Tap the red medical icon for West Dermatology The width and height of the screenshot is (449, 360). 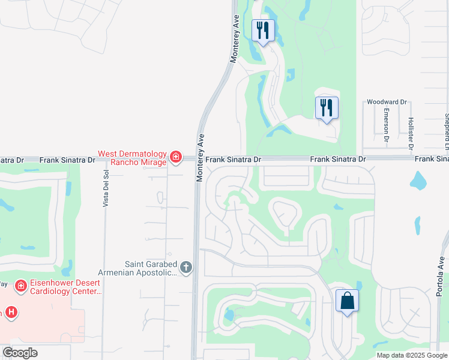(x=176, y=158)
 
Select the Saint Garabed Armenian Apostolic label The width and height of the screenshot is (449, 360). (x=151, y=268)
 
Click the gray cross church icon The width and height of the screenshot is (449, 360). (x=186, y=268)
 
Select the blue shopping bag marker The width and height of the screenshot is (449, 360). (x=348, y=301)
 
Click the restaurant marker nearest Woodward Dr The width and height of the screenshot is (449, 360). (x=327, y=108)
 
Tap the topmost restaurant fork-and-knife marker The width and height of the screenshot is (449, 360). (x=263, y=31)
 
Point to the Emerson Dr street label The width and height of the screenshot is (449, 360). (x=387, y=128)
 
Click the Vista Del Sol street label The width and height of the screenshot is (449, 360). (x=106, y=188)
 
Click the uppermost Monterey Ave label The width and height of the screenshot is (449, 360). (x=235, y=39)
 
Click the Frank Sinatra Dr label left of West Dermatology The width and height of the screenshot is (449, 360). (x=67, y=160)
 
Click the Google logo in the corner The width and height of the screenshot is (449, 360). (x=20, y=353)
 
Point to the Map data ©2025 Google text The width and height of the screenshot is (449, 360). (x=412, y=355)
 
